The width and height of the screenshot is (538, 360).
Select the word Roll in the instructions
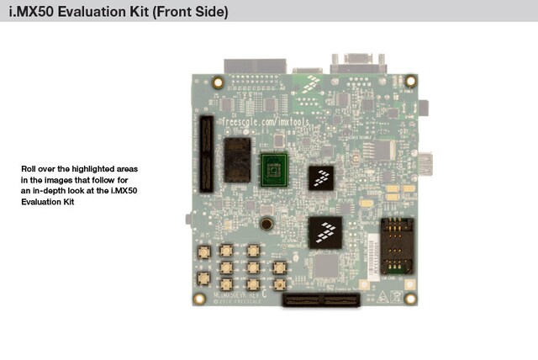(x=29, y=169)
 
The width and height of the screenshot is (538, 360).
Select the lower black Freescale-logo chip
(x=324, y=232)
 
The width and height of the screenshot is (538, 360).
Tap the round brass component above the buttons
(x=266, y=225)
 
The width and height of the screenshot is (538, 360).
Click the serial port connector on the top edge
(x=359, y=65)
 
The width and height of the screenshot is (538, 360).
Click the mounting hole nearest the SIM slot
(x=410, y=298)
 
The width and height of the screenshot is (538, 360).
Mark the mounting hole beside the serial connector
(x=405, y=83)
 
